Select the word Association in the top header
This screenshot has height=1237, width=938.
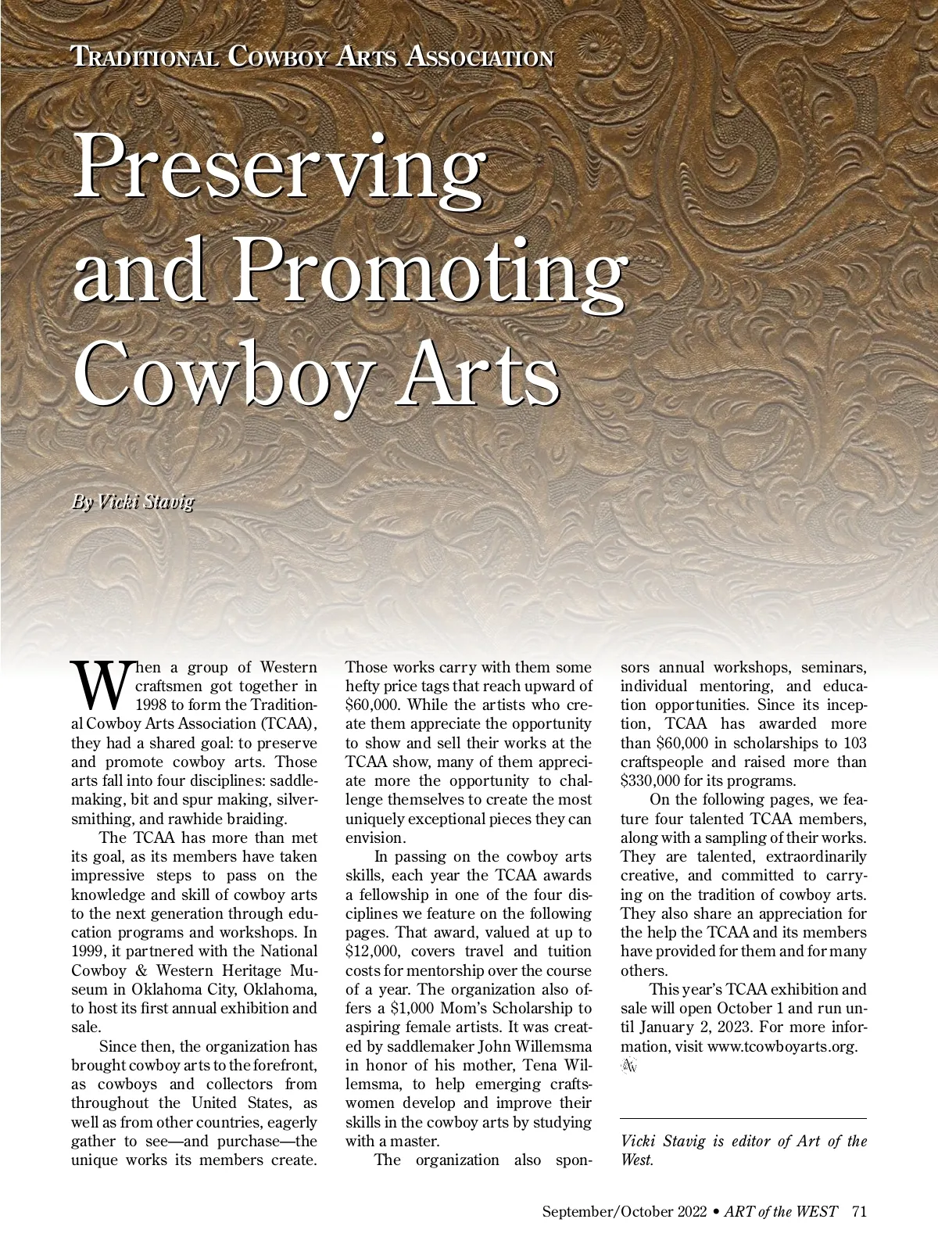[x=482, y=56]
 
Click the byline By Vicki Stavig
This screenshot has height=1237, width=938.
[x=132, y=501]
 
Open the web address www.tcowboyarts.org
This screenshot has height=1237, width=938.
[x=782, y=1046]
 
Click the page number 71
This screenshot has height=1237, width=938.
[x=859, y=1212]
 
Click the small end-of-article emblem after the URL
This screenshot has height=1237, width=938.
[x=628, y=1066]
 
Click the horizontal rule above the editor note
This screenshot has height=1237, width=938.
[x=743, y=1119]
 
